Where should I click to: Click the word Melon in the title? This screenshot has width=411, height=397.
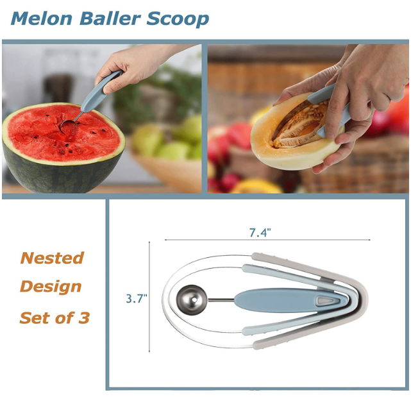42,19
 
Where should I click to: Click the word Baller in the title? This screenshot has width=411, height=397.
110,19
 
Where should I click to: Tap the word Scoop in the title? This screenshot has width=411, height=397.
178,19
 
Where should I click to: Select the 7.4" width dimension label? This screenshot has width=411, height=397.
260,232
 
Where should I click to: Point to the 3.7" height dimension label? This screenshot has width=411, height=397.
137,298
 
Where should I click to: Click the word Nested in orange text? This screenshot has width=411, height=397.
52,258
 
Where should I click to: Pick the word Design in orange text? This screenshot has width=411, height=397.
51,286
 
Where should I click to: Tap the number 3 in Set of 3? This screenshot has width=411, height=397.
84,317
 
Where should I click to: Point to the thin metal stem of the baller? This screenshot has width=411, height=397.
221,300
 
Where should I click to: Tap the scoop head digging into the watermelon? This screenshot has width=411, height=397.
68,126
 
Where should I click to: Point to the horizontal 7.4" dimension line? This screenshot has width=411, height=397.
267,240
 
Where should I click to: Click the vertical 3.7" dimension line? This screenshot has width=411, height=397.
149,297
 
